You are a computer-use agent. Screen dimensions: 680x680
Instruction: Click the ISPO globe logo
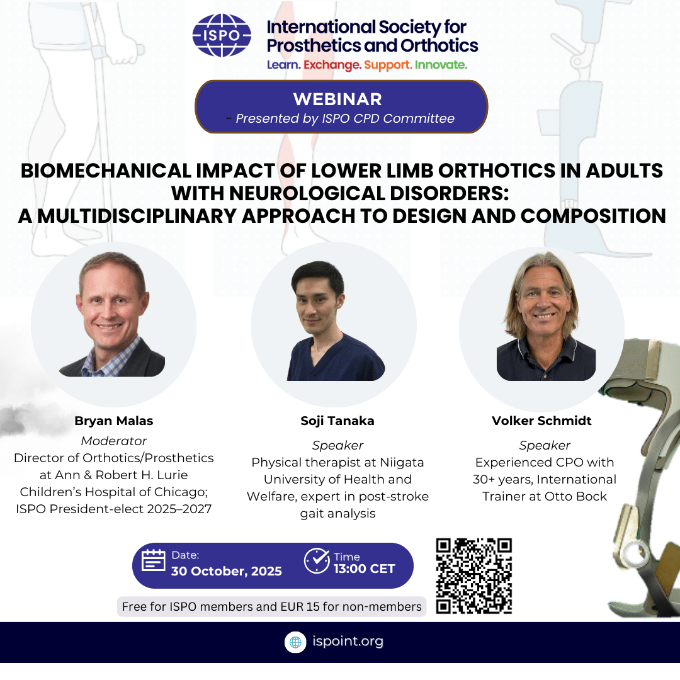(222, 35)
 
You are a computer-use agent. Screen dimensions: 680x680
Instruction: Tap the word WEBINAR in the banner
(337, 99)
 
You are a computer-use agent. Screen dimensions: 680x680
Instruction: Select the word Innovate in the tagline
(441, 65)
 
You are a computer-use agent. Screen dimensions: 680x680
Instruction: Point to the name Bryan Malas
(113, 421)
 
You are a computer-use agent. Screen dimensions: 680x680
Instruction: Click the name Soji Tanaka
(337, 421)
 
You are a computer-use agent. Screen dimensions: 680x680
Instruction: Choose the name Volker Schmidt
(541, 421)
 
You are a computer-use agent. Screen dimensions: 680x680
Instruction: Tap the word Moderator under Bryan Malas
(113, 441)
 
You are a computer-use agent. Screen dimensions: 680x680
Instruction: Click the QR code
(474, 576)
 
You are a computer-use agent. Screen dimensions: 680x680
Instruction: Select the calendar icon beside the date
(154, 560)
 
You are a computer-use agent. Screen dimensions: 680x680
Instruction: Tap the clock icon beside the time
(317, 561)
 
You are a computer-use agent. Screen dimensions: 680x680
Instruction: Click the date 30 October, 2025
(227, 571)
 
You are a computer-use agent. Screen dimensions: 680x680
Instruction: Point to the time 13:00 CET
(365, 569)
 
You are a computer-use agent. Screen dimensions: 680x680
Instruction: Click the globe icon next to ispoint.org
(295, 642)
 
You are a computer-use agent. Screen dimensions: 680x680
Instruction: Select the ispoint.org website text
(348, 642)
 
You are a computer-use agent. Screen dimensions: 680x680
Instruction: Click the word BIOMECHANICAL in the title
(106, 171)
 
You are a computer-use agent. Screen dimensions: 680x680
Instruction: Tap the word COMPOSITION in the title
(593, 216)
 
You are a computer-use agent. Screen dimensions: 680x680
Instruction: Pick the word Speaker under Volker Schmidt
(545, 445)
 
